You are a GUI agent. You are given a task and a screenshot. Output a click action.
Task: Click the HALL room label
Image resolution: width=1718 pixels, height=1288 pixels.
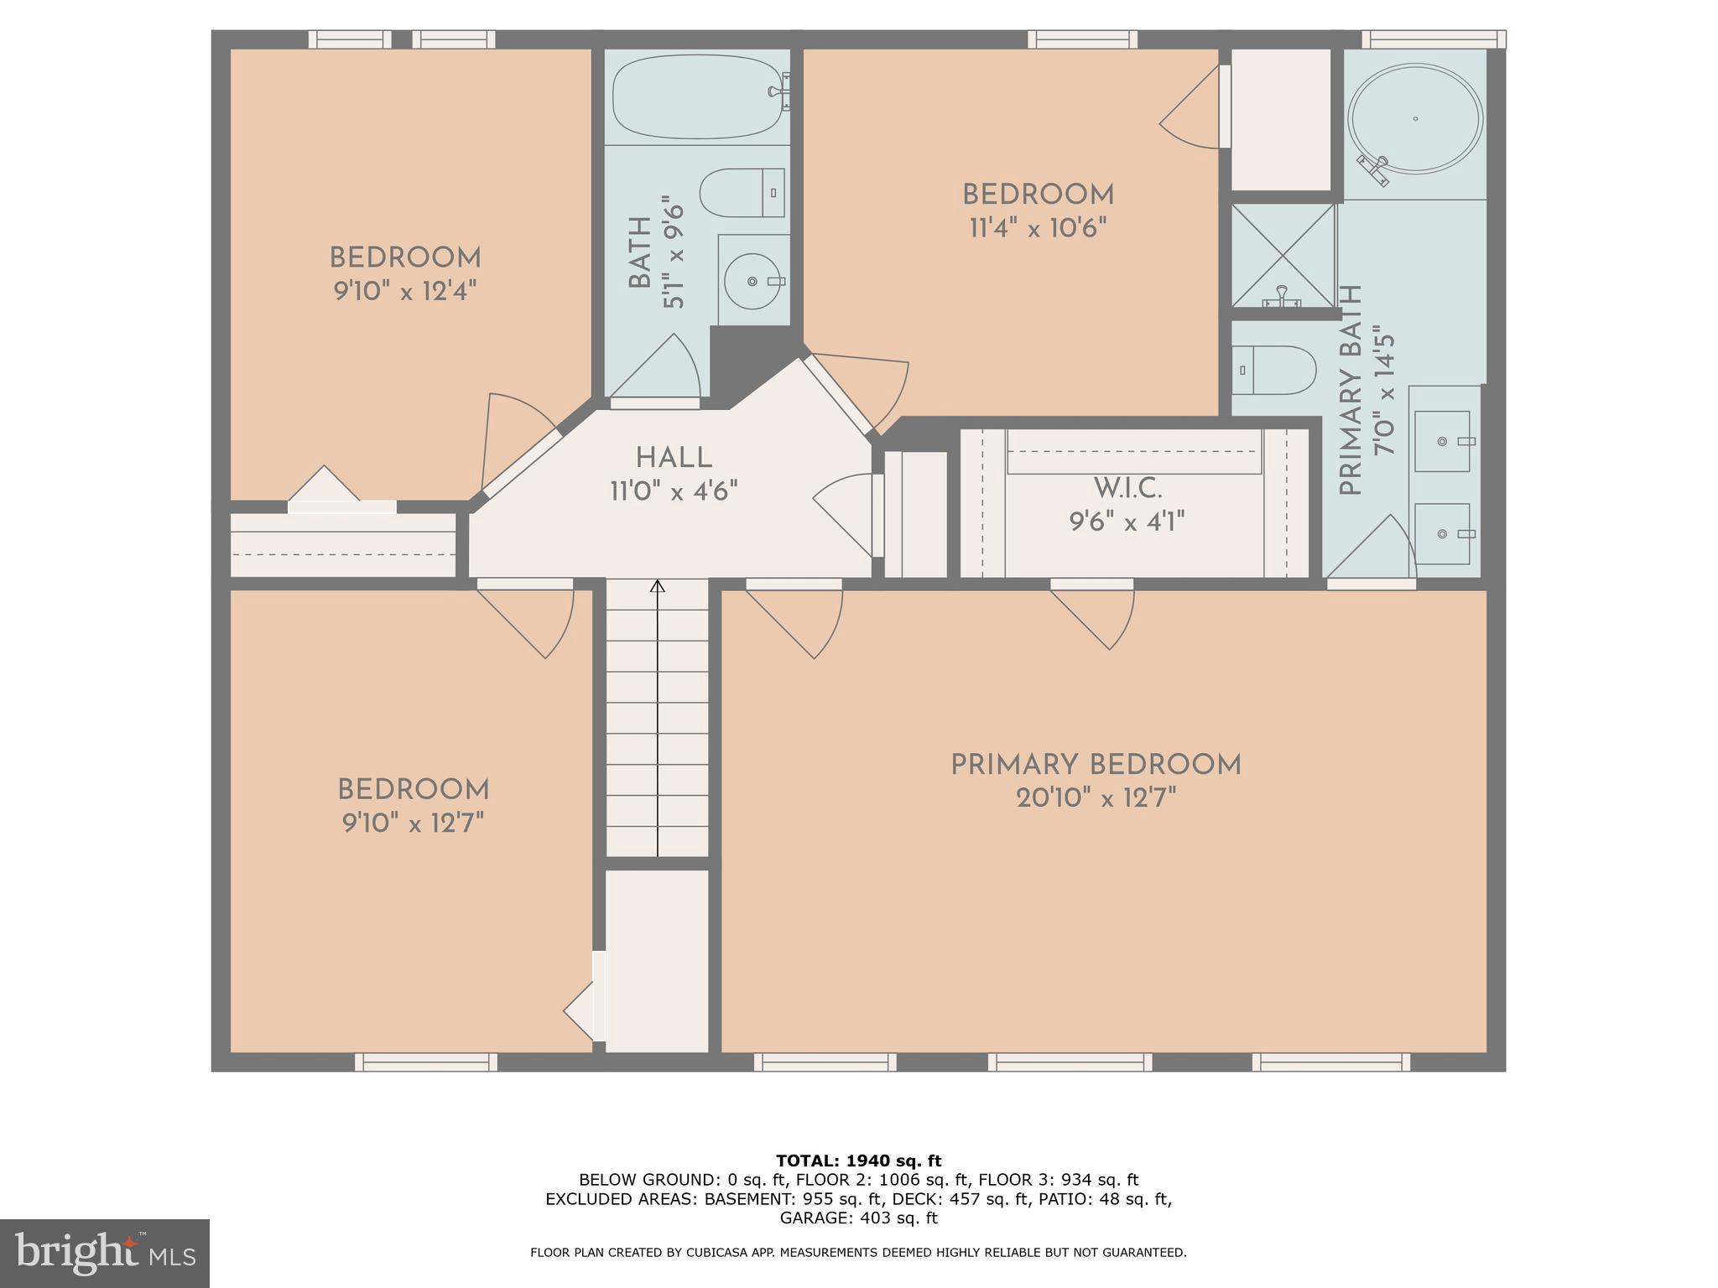coord(674,459)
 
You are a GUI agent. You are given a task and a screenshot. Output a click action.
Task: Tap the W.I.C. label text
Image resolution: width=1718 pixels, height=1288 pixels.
coord(1127,488)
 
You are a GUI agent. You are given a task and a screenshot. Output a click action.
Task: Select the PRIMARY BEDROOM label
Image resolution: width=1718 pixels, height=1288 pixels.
coord(1096,765)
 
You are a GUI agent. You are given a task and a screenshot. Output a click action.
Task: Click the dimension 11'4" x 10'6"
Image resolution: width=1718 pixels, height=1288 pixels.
coord(1038,228)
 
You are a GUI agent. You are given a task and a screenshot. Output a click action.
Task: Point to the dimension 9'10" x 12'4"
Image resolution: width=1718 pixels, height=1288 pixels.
coord(405,291)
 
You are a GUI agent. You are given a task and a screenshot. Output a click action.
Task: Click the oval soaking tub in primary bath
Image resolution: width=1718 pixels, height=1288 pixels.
coord(1415,119)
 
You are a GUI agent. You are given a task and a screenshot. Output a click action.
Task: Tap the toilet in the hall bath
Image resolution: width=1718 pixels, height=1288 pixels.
coord(742,193)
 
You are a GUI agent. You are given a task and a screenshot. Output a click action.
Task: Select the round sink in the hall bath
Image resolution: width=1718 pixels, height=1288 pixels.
coord(752,281)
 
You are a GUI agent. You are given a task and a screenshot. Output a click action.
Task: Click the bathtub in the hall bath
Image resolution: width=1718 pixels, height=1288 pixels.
coord(696,96)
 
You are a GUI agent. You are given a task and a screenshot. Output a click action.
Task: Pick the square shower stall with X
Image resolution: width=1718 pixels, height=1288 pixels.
coord(1283,256)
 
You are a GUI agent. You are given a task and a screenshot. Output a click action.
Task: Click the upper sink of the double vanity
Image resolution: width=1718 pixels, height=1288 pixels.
coord(1443,441)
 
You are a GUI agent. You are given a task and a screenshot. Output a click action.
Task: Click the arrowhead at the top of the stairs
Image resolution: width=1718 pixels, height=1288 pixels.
coord(658,586)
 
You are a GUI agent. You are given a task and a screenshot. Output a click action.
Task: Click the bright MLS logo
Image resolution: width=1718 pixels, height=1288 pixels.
coord(104,1253)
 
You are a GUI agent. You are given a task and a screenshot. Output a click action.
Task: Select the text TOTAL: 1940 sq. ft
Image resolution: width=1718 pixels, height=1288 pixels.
coord(858,1161)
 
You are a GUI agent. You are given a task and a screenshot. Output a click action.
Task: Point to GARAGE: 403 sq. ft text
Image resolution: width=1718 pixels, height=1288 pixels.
coord(858,1218)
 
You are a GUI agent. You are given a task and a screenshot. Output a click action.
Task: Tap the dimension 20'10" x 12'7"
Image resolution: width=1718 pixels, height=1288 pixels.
coord(1096,798)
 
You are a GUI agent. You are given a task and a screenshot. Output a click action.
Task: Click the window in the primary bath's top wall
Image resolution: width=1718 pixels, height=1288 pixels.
coord(1433,39)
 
